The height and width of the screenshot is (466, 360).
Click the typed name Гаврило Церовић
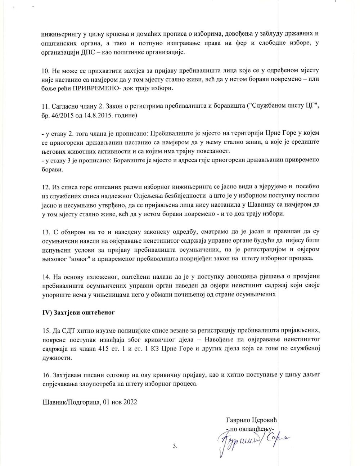(252, 420)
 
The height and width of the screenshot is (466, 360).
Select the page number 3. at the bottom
(175, 446)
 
